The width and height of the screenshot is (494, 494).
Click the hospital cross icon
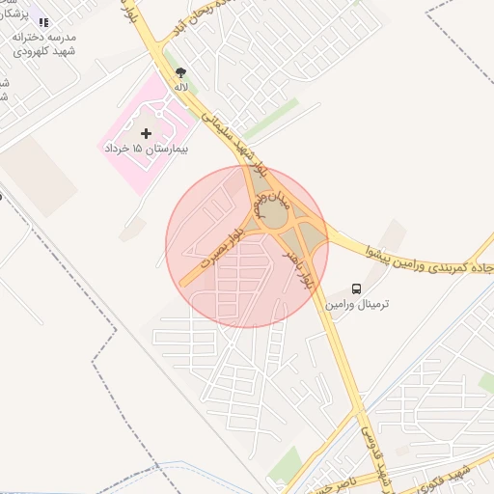[146, 132]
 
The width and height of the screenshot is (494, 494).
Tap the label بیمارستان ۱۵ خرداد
[146, 150]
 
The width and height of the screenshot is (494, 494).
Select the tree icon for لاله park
[180, 72]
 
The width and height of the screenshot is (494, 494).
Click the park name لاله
[180, 87]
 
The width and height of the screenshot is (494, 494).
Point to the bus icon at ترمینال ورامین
[357, 288]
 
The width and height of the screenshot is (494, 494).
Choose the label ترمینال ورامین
[357, 304]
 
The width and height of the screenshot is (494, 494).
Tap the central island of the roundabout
[274, 217]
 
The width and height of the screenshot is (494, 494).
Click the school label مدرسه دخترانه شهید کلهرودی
[43, 42]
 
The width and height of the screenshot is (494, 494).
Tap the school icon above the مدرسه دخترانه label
[43, 21]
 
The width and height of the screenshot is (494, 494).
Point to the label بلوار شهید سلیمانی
[232, 135]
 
